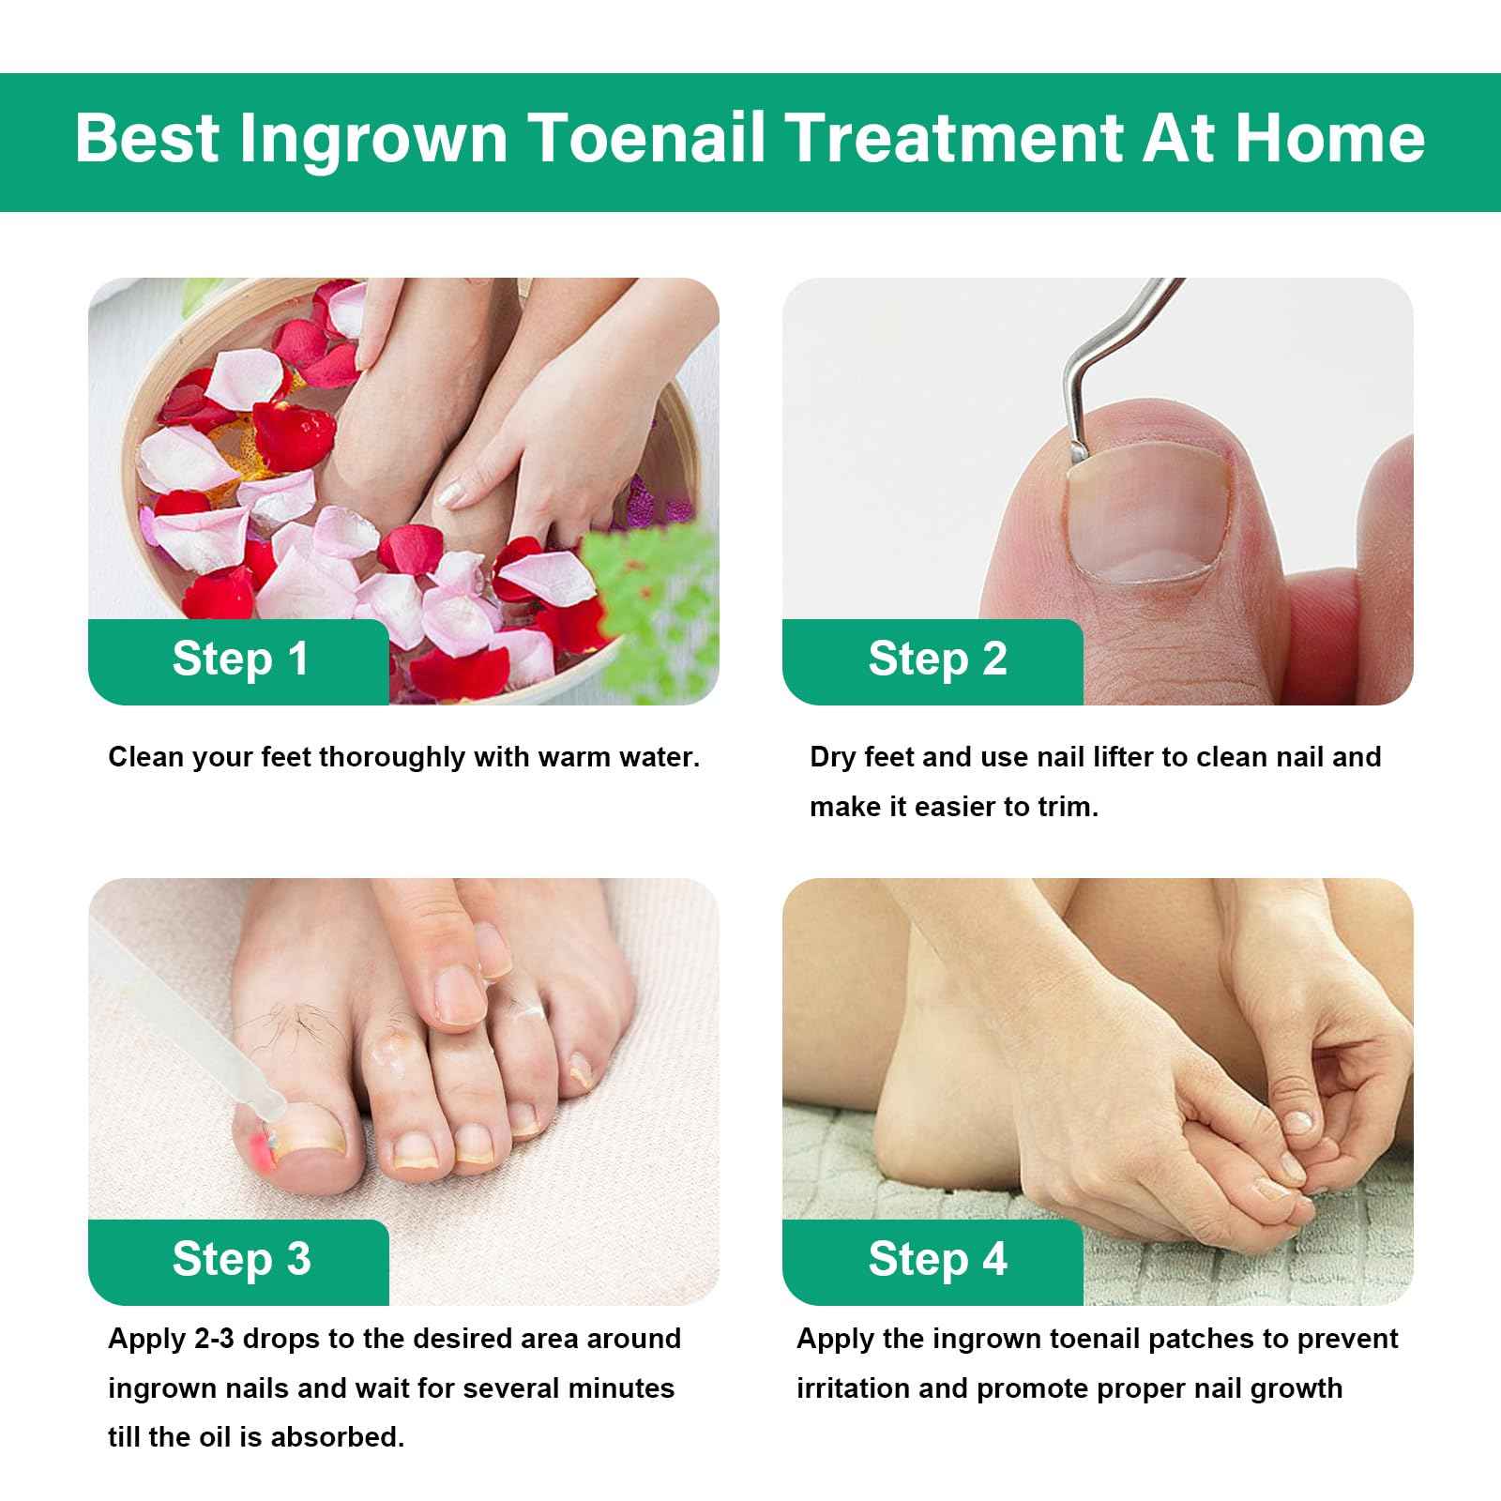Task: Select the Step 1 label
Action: (240, 659)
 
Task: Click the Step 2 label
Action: (936, 659)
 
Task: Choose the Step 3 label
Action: (240, 1259)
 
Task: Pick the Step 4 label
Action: (936, 1259)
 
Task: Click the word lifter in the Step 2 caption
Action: (1115, 757)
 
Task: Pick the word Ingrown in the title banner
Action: (372, 138)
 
